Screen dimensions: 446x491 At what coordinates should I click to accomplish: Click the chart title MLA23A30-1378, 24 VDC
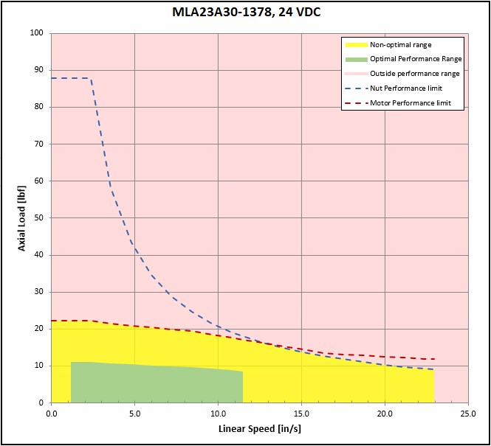pos(244,13)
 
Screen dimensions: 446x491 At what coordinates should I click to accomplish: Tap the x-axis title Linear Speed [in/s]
pos(259,428)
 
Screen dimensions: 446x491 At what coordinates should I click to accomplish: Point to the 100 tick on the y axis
pos(37,33)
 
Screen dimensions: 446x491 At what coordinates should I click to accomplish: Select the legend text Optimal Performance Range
pos(416,59)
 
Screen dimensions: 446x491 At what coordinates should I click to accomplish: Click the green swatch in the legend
pos(356,59)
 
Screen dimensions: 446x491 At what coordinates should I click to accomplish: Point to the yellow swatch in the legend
pos(356,44)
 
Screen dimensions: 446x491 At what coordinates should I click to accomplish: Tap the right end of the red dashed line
pos(434,359)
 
